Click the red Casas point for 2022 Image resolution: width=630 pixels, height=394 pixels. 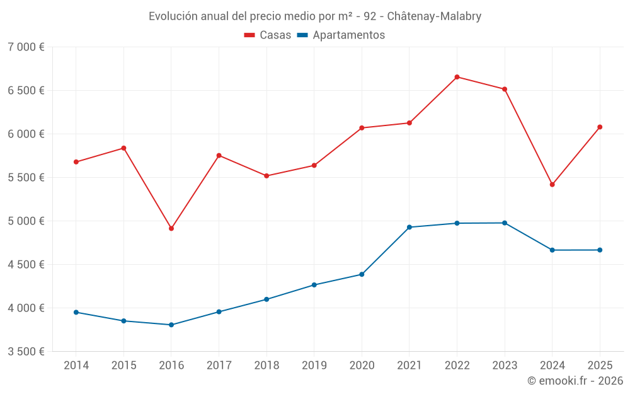click(457, 77)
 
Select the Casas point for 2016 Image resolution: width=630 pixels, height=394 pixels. click(171, 228)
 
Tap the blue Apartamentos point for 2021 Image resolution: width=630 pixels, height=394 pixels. click(409, 227)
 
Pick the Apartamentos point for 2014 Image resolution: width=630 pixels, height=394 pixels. click(76, 312)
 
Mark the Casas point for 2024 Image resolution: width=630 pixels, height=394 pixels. click(553, 185)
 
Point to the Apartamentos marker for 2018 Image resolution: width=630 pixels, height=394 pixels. click(266, 299)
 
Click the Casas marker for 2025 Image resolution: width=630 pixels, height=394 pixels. click(600, 127)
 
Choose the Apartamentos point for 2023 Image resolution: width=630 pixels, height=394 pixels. click(505, 223)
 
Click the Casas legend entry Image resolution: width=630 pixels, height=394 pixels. click(268, 35)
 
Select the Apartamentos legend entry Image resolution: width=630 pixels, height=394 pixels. click(341, 35)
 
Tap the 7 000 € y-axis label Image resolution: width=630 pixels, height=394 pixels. click(26, 47)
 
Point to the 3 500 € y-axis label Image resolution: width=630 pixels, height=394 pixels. click(26, 352)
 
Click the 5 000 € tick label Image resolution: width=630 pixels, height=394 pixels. click(26, 221)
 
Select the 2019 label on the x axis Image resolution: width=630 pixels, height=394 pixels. click(314, 366)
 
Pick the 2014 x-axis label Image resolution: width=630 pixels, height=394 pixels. click(76, 366)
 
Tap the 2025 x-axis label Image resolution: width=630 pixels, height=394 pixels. click(600, 366)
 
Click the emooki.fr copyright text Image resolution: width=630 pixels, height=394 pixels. click(575, 381)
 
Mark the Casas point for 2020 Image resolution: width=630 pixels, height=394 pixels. click(362, 128)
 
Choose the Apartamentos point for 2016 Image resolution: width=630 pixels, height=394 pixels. click(171, 325)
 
